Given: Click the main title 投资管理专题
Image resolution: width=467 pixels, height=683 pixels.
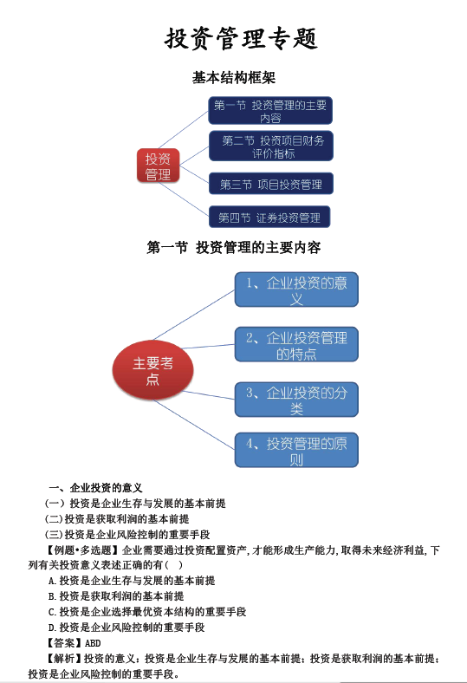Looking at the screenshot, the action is [241, 38].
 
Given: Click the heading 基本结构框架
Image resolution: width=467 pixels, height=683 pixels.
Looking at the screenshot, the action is [234, 77].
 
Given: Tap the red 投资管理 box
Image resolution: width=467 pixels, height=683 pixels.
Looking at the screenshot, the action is [158, 166].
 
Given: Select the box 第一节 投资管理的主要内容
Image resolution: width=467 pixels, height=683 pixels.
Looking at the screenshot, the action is [270, 111].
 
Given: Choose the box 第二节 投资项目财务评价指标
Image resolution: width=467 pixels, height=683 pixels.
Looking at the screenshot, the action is [270, 146].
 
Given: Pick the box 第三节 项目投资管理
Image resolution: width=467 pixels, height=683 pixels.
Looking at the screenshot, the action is [270, 184].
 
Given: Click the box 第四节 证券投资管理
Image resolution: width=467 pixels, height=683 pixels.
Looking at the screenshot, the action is [269, 217].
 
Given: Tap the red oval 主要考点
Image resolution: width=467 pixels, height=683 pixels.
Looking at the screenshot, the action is [152, 370].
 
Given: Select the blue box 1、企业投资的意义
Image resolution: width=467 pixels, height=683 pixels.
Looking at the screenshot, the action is [296, 289].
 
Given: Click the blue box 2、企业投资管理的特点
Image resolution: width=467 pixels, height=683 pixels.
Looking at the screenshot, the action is [296, 344].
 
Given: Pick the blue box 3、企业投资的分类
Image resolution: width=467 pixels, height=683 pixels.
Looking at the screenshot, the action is [296, 400].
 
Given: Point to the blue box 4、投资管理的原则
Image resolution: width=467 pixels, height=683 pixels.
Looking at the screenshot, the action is [296, 450].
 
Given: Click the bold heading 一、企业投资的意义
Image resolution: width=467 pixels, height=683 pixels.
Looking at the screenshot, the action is [96, 487].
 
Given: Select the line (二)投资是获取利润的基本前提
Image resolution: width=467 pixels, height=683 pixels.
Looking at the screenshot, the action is [117, 519].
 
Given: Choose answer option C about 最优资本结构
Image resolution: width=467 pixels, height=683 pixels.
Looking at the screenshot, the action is [147, 612].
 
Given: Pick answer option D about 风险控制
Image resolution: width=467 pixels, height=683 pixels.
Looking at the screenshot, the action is [126, 628].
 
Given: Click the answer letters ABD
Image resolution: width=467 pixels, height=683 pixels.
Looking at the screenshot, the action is [93, 643].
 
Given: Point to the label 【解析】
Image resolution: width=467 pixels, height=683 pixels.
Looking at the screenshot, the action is [63, 659].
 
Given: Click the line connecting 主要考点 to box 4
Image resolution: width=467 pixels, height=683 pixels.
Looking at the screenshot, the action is [195, 424].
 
